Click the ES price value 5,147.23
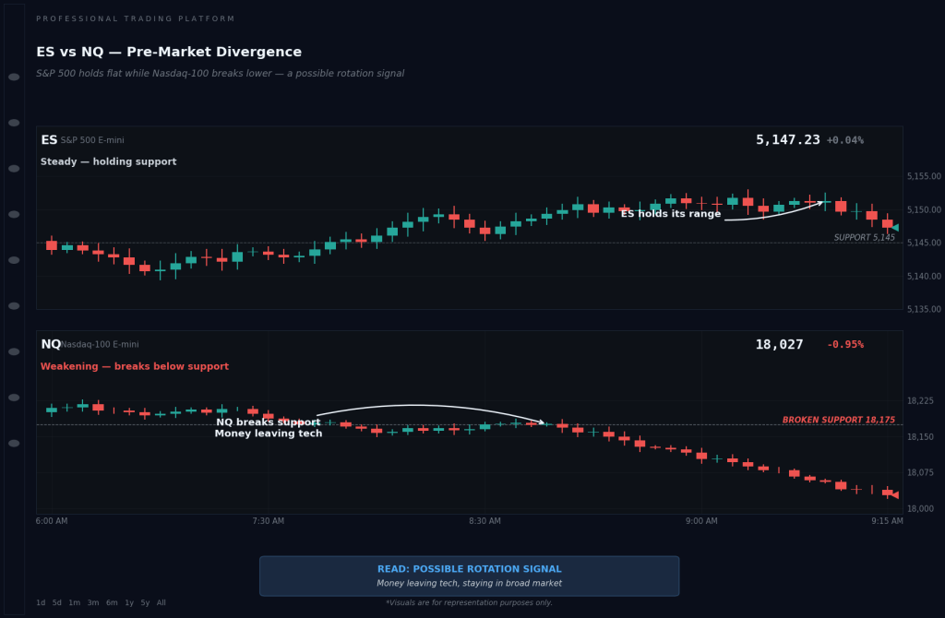click(x=787, y=140)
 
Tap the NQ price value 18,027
click(x=779, y=345)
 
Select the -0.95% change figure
click(x=844, y=345)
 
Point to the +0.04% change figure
click(x=844, y=141)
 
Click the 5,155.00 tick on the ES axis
click(x=923, y=176)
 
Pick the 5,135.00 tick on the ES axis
click(x=923, y=309)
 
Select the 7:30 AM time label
click(x=268, y=521)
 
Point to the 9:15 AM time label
click(x=887, y=521)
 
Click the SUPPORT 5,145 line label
click(x=864, y=238)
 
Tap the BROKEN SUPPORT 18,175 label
click(x=838, y=421)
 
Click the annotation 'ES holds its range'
click(x=670, y=214)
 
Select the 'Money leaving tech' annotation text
click(x=269, y=434)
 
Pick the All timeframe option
click(x=161, y=603)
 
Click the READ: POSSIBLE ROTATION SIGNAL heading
click(x=469, y=570)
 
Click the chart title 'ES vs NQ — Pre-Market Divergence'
click(x=169, y=53)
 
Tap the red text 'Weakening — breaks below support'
click(x=134, y=367)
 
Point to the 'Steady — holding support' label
click(x=108, y=162)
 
